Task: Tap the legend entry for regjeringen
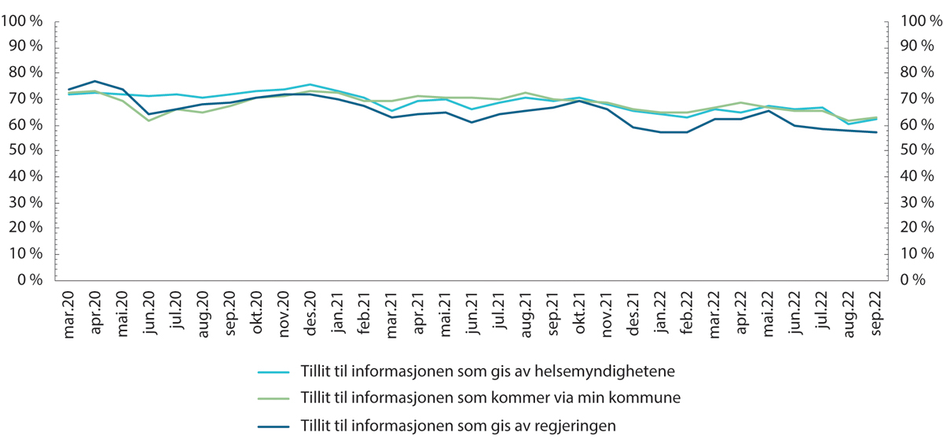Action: pyautogui.click(x=457, y=426)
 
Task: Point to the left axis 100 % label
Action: pyautogui.click(x=26, y=22)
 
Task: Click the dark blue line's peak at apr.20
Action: pyautogui.click(x=95, y=81)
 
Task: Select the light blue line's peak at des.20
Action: pyautogui.click(x=310, y=84)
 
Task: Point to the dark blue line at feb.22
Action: pyautogui.click(x=688, y=132)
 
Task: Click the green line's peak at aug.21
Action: pyautogui.click(x=526, y=93)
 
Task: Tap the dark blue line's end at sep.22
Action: pyautogui.click(x=876, y=132)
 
